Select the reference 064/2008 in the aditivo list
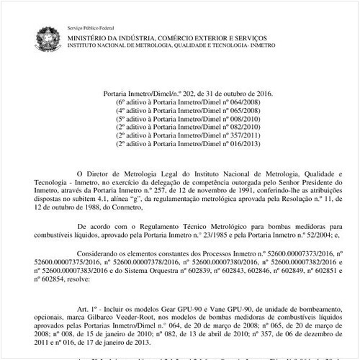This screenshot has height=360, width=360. (229, 104)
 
